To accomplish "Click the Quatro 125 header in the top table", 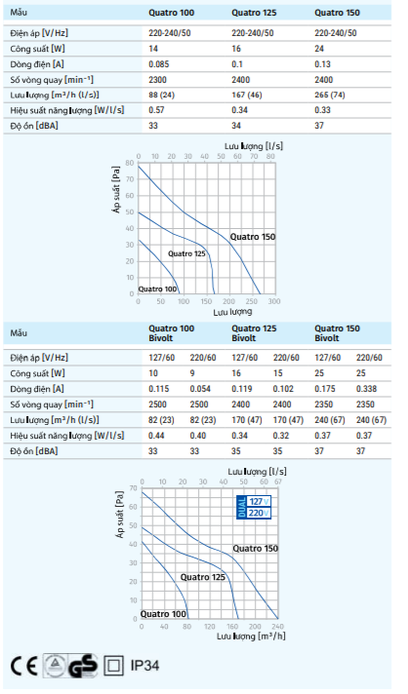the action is pos(254,13).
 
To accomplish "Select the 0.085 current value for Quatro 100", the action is pos(158,64).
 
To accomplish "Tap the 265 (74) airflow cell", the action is pos(330,95).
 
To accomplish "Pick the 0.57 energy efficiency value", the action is pos(156,110).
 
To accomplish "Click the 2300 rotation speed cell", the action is pos(158,80).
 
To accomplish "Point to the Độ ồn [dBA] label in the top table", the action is pos(34,126).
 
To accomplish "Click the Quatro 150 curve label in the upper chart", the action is pos(253,237).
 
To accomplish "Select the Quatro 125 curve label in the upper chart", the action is pos(186,253).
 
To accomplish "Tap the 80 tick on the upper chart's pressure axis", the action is pos(129,163).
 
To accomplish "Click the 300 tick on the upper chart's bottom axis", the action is pos(274,301).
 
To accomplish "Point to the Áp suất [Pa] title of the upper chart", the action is pos(116,190).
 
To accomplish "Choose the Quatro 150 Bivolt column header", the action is pos(337,332).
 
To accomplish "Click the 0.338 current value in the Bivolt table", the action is pos(366,389).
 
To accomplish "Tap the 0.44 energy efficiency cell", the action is pos(156,436).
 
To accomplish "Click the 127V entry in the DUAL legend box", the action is pos(259,501).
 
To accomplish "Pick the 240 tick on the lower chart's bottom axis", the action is pos(278,627).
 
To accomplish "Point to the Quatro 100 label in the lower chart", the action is pos(163,614).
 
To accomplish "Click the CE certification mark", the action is pos(24,666).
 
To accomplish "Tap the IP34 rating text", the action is pos(144,665).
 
